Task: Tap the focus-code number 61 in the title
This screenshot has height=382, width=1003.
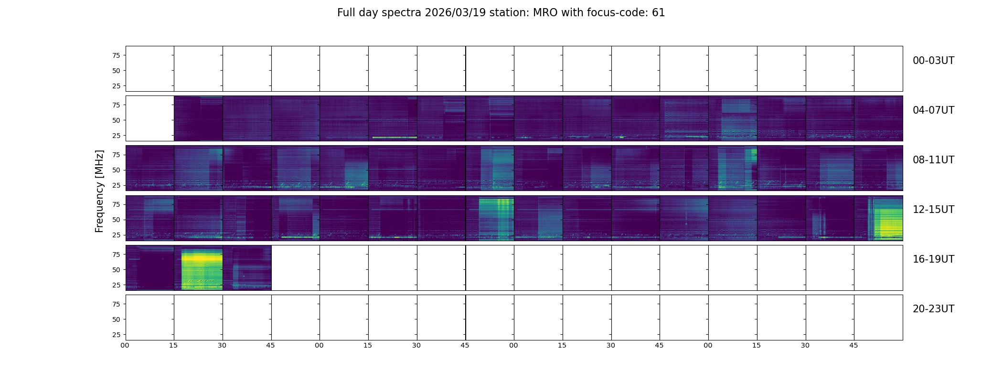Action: pyautogui.click(x=658, y=13)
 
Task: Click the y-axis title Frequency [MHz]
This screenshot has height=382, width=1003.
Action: pyautogui.click(x=99, y=191)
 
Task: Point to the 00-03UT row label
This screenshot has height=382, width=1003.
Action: pyautogui.click(x=933, y=61)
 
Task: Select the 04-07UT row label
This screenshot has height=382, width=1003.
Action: pyautogui.click(x=933, y=110)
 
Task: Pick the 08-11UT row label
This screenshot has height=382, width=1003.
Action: pyautogui.click(x=933, y=160)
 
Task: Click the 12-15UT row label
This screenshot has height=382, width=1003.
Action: pyautogui.click(x=933, y=210)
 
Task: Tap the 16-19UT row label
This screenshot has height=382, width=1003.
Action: pyautogui.click(x=933, y=259)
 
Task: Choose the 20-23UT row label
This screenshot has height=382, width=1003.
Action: pyautogui.click(x=933, y=309)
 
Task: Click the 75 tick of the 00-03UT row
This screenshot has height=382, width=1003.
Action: pyautogui.click(x=116, y=55)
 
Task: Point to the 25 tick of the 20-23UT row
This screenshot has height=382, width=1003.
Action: pyautogui.click(x=116, y=335)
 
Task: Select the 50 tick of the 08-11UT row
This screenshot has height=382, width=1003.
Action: pyautogui.click(x=116, y=170)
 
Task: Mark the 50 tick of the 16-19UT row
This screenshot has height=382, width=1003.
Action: pyautogui.click(x=116, y=270)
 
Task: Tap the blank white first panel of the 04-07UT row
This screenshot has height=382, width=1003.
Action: pyautogui.click(x=150, y=118)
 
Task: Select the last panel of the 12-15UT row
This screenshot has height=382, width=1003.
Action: pyautogui.click(x=878, y=218)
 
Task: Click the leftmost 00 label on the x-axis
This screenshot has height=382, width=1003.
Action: pyautogui.click(x=125, y=345)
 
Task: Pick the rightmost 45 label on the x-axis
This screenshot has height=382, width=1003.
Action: pyautogui.click(x=854, y=345)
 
